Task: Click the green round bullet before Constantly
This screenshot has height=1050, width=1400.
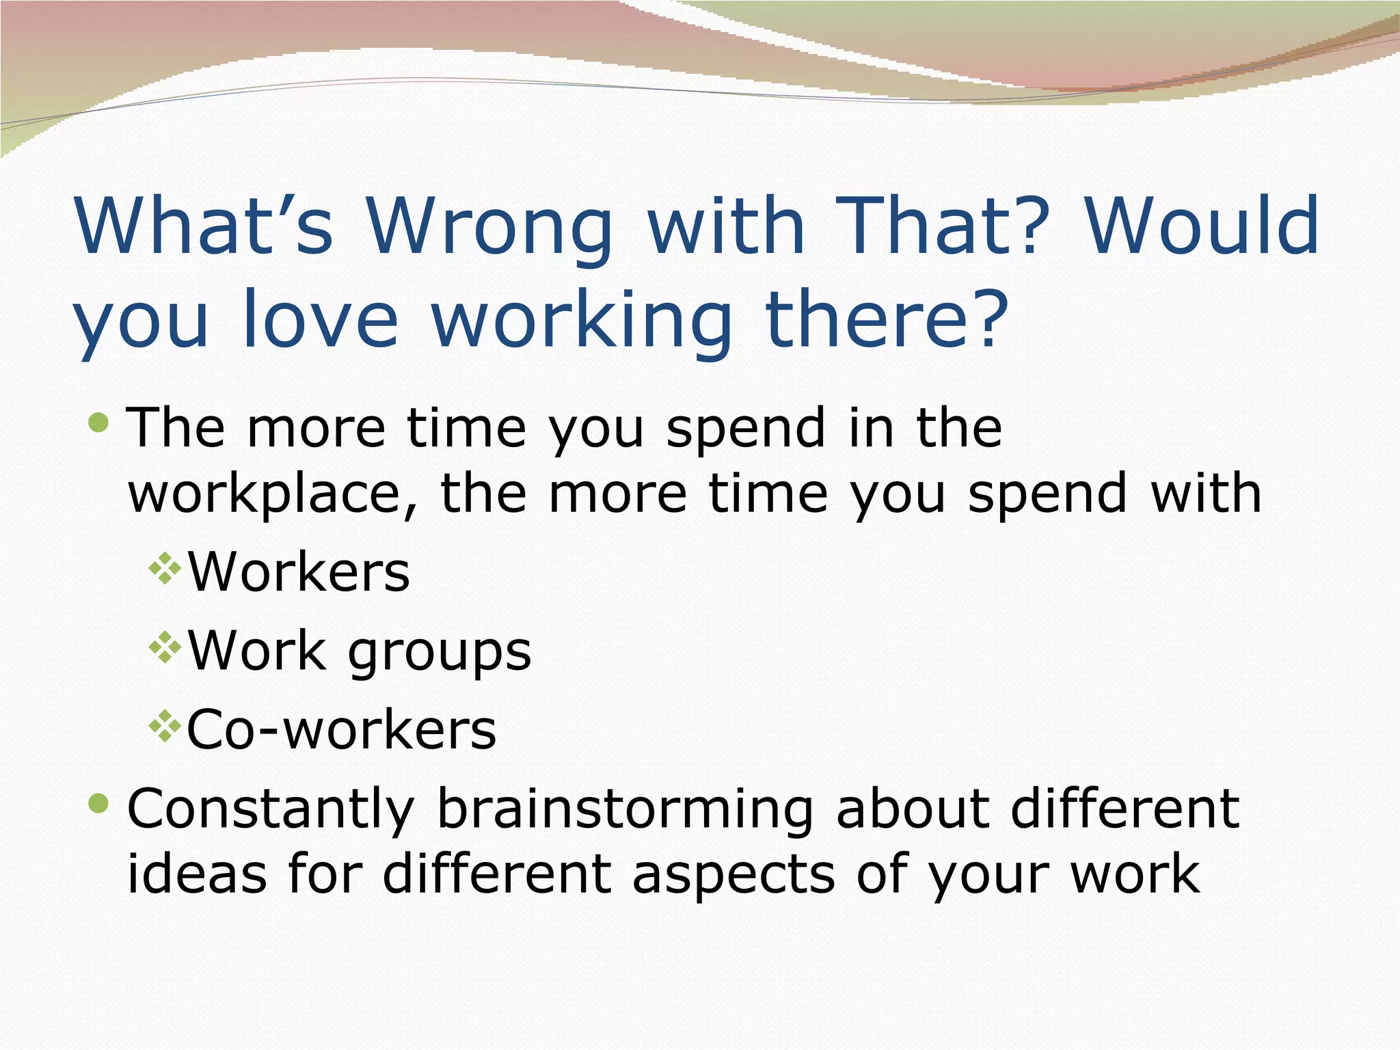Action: (x=99, y=804)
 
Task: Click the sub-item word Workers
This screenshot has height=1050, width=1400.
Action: (x=299, y=571)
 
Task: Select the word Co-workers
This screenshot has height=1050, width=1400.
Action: (x=341, y=730)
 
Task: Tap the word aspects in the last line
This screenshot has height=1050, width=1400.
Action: (x=733, y=875)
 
